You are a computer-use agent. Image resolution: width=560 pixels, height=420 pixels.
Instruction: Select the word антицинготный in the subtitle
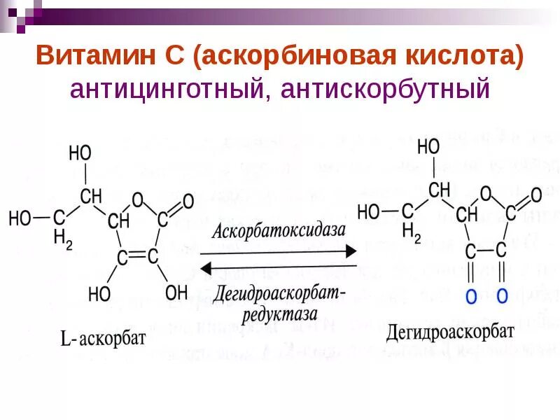coord(165,89)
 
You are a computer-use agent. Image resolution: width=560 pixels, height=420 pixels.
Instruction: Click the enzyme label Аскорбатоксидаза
coord(279,230)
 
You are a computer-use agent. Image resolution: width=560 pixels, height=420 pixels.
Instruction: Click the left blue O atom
coord(471,296)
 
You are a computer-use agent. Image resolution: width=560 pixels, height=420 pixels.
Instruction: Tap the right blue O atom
coord(502,296)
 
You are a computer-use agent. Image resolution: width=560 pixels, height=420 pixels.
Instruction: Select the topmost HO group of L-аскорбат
coord(80,153)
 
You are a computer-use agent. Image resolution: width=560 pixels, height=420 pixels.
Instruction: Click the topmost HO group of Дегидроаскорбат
coord(428,146)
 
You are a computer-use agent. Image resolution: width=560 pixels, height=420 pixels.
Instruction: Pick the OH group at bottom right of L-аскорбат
coord(176,292)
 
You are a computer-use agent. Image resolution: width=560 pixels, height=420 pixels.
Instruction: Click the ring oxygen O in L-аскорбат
coord(137,201)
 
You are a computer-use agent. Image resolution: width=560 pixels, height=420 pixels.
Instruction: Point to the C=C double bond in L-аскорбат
coord(138,257)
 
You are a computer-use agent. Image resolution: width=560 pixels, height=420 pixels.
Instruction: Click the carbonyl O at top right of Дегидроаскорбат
coord(535,195)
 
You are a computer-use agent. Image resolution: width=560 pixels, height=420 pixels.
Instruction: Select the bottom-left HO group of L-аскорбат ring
coord(99,294)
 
